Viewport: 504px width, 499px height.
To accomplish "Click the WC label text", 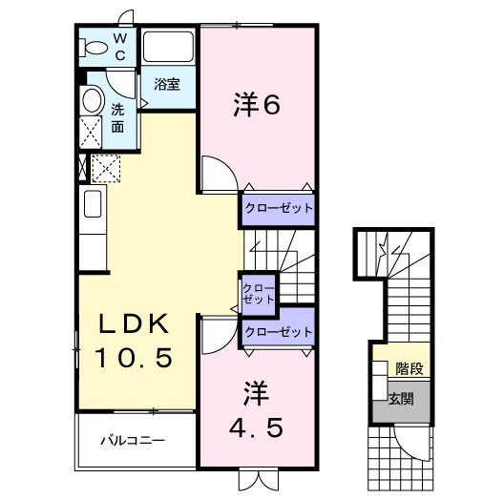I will pos(120,47).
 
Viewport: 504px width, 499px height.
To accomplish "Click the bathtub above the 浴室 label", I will pos(169,49).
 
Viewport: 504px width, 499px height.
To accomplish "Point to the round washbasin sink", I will pos(93,100).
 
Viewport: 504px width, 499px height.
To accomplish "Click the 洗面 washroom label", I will pos(117,117).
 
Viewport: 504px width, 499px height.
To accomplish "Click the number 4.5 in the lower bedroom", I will pos(257,428).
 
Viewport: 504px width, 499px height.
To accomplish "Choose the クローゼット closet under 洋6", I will pos(277,206).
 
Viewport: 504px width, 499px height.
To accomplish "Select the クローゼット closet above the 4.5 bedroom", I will pos(278,331).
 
